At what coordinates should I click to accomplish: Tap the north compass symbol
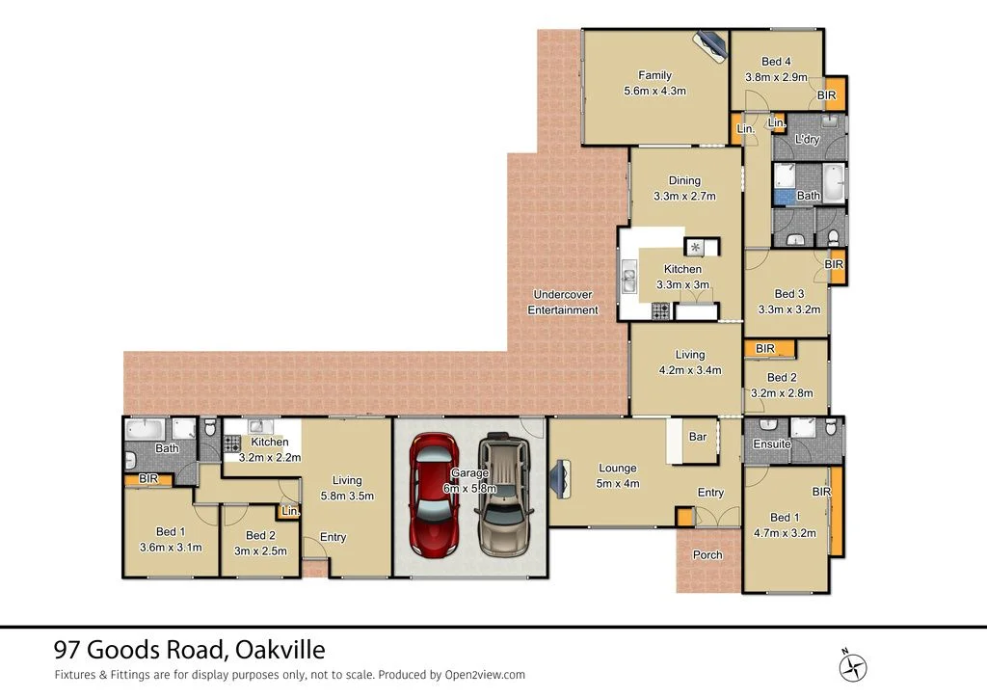(854, 666)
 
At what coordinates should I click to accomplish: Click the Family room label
(654, 75)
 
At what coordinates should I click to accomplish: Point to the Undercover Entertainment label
(563, 302)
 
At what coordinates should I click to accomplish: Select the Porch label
(707, 555)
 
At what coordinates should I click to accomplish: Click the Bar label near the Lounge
(698, 437)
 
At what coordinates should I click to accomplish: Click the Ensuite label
(772, 444)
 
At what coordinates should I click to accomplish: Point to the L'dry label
(807, 141)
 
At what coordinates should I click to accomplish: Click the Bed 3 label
(788, 294)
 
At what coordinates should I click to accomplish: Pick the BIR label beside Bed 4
(826, 96)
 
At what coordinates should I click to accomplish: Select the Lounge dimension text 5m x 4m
(617, 484)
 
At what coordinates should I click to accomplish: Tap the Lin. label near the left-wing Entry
(289, 512)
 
